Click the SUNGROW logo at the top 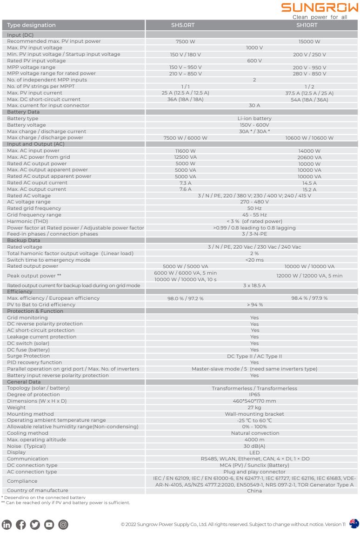click(x=320, y=8)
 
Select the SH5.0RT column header click(x=183, y=25)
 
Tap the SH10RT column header click(x=307, y=25)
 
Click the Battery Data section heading click(x=23, y=112)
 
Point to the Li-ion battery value click(x=254, y=119)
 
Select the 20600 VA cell click(x=309, y=157)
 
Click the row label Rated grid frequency click(x=34, y=209)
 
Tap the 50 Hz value click(x=254, y=209)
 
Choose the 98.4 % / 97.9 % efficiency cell click(x=309, y=298)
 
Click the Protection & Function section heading click(x=35, y=311)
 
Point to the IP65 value click(x=254, y=395)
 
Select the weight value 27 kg click(x=254, y=407)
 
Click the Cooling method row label click(x=27, y=433)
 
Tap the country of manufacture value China click(x=254, y=491)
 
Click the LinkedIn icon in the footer click(x=7, y=525)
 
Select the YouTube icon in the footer click(x=49, y=525)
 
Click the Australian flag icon click(x=354, y=524)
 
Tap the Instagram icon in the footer click(x=63, y=525)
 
